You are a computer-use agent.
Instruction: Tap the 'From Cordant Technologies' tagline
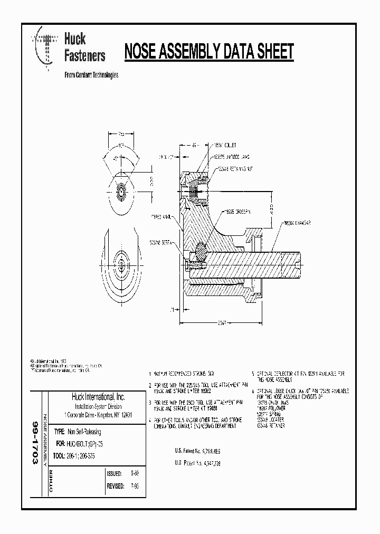pyautogui.click(x=91, y=75)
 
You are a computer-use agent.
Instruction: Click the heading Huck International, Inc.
pyautogui.click(x=98, y=397)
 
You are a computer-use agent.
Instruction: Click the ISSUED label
pyautogui.click(x=114, y=473)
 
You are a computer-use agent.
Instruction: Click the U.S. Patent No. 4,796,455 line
pyautogui.click(x=198, y=451)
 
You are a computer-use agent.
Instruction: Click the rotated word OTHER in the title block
pyautogui.click(x=51, y=480)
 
